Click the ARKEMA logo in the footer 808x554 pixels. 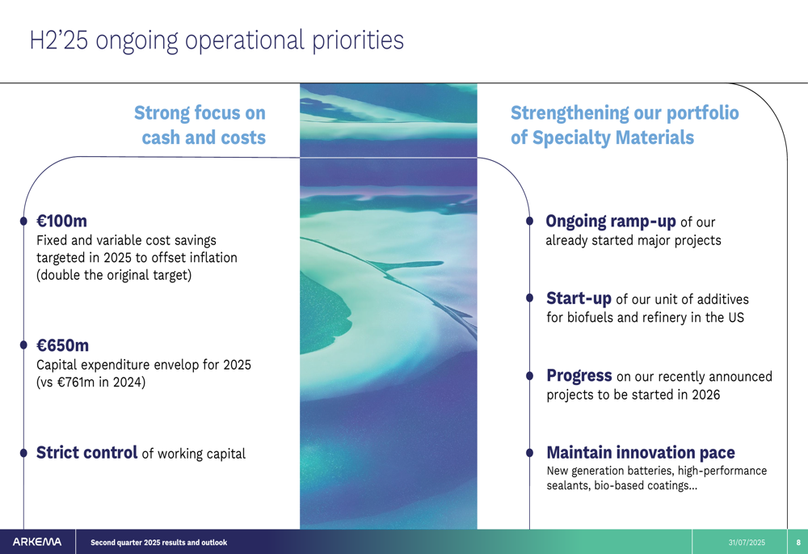tap(37, 542)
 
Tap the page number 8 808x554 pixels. tap(798, 542)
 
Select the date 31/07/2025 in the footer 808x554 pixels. tap(747, 542)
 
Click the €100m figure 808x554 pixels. tap(62, 221)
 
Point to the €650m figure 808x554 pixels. tap(62, 345)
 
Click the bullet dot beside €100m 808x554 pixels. tap(23, 221)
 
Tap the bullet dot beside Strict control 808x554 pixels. tap(23, 453)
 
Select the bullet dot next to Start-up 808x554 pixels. tap(530, 298)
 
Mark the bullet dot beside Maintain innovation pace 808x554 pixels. tap(530, 453)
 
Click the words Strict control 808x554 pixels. tap(86, 452)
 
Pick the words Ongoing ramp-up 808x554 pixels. tap(611, 222)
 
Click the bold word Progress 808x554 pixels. tap(579, 375)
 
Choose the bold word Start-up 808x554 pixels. tap(579, 298)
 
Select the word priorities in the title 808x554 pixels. tap(358, 41)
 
